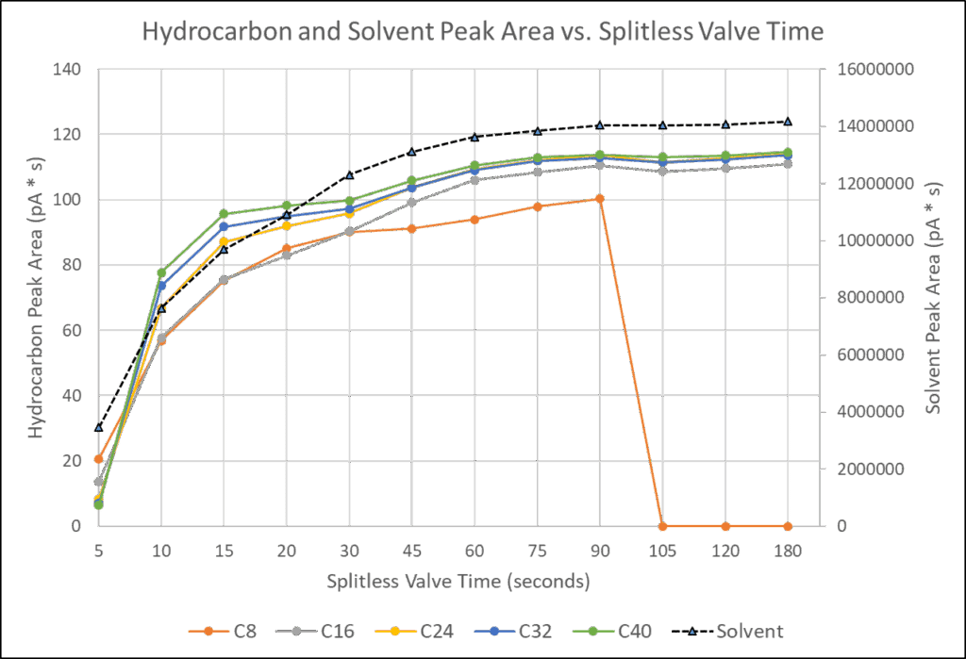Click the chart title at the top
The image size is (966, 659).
(483, 31)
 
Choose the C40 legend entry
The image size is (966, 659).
(631, 629)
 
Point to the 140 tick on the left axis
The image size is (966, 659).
(70, 70)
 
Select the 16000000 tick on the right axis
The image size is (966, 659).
(871, 70)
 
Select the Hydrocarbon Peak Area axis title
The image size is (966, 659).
(38, 297)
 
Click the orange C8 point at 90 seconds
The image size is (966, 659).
(600, 198)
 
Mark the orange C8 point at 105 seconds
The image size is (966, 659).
(663, 526)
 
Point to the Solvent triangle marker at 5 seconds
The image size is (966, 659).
(99, 427)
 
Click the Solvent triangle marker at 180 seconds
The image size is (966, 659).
(788, 121)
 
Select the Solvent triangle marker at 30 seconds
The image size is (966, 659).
(350, 174)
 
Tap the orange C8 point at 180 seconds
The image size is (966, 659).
(788, 526)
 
